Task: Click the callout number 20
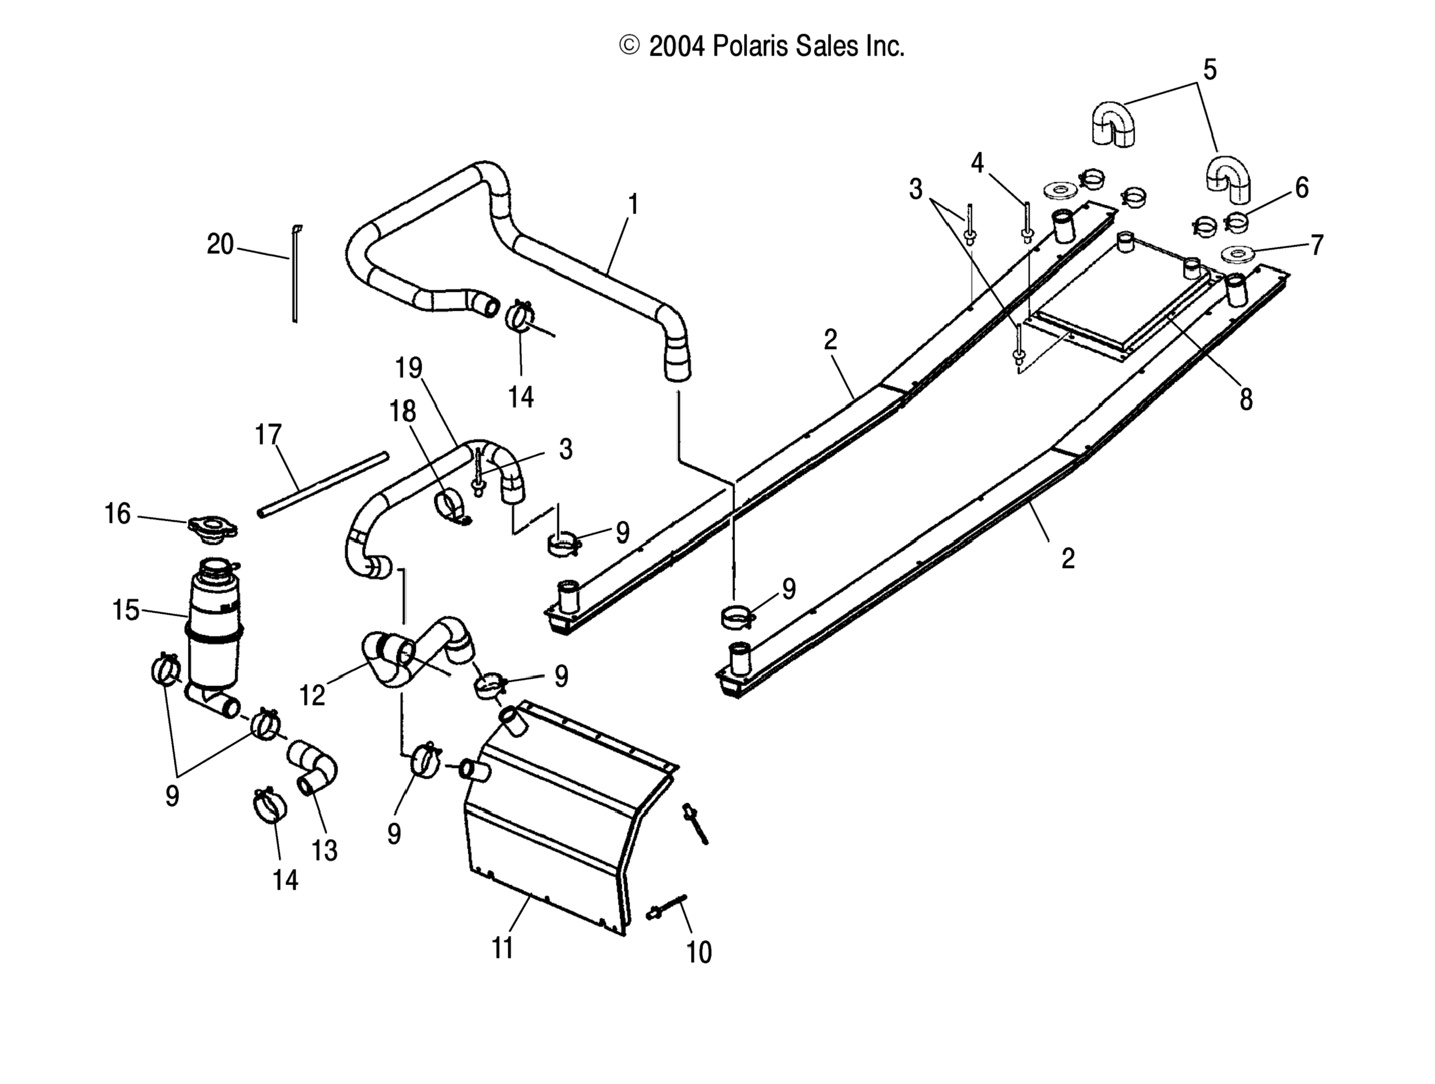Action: click(x=219, y=245)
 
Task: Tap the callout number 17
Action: click(x=268, y=435)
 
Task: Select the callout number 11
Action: click(x=503, y=948)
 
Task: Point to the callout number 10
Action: click(x=699, y=952)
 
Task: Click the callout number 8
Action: click(x=1245, y=400)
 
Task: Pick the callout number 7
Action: click(x=1316, y=245)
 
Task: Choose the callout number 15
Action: click(x=125, y=610)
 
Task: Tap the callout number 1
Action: click(x=633, y=204)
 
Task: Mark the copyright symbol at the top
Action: click(x=629, y=46)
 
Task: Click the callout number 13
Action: click(x=324, y=850)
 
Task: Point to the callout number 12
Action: click(x=311, y=695)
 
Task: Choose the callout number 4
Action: click(x=977, y=163)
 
